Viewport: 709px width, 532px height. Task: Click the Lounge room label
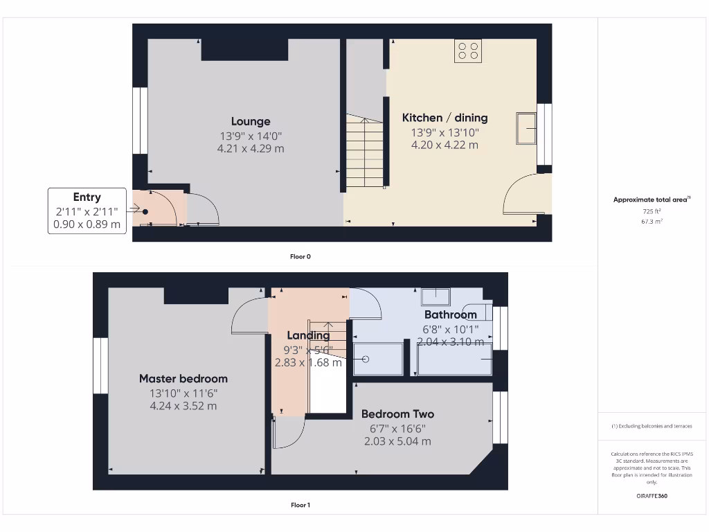coord(251,121)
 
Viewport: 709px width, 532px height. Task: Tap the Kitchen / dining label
coord(445,118)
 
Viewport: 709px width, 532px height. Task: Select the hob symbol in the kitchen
coord(468,51)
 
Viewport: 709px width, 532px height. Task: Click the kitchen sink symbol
coord(526,128)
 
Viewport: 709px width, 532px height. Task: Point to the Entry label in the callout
coord(87,197)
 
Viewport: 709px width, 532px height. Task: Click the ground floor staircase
coord(364,152)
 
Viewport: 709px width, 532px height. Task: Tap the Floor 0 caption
coord(300,256)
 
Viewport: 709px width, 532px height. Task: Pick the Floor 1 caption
coord(300,505)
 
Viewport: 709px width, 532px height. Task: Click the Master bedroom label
coord(183,378)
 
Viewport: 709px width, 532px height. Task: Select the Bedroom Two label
coord(398,414)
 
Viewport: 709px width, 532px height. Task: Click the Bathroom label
coord(451,314)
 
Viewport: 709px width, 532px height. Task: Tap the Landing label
coord(308,335)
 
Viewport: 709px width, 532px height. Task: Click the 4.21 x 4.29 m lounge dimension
coord(251,148)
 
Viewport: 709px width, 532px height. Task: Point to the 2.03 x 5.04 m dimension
coord(398,441)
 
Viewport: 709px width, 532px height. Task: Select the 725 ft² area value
coord(652,211)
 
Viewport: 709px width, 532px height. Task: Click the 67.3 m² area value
coord(652,222)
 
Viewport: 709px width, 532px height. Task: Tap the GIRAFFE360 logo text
coord(652,496)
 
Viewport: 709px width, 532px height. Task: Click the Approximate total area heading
coord(651,199)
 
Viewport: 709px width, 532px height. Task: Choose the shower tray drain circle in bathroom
coord(366,359)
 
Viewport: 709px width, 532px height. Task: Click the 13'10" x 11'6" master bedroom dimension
coord(183,393)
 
